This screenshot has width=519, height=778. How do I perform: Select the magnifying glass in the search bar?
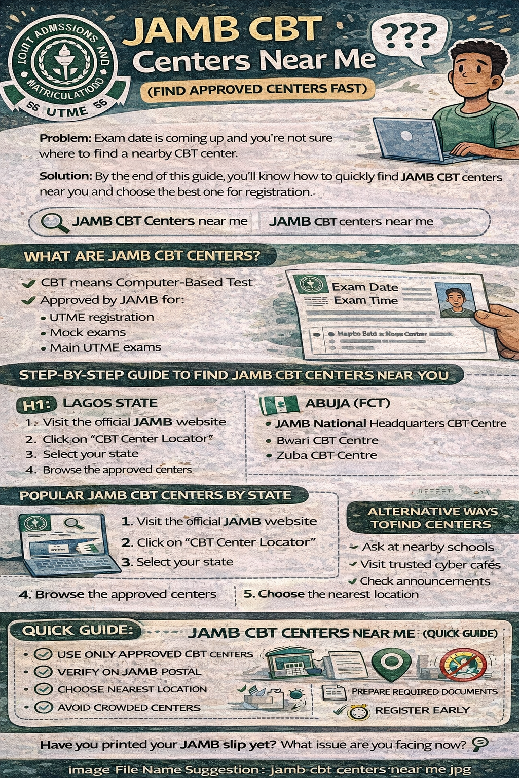point(54,222)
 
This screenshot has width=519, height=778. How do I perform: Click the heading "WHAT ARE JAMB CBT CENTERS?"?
point(142,256)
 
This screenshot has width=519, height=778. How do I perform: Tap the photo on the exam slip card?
point(455,299)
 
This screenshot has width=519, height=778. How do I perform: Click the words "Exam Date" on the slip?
point(365,287)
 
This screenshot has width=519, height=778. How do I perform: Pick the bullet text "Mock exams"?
point(88,333)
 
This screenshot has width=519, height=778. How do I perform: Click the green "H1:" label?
point(38,404)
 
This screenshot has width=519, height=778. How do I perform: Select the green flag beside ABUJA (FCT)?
point(279,404)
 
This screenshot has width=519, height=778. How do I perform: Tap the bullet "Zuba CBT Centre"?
point(326,455)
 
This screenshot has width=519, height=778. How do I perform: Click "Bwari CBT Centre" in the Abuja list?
point(327,440)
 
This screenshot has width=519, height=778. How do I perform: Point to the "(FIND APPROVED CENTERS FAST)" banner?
point(257,90)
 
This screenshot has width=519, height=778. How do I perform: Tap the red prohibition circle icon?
point(463,664)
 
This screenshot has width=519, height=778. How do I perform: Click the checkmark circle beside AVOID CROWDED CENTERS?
point(44,707)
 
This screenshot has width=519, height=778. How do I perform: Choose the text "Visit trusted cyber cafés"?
point(430,564)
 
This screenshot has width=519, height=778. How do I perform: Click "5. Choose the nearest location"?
point(331,594)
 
